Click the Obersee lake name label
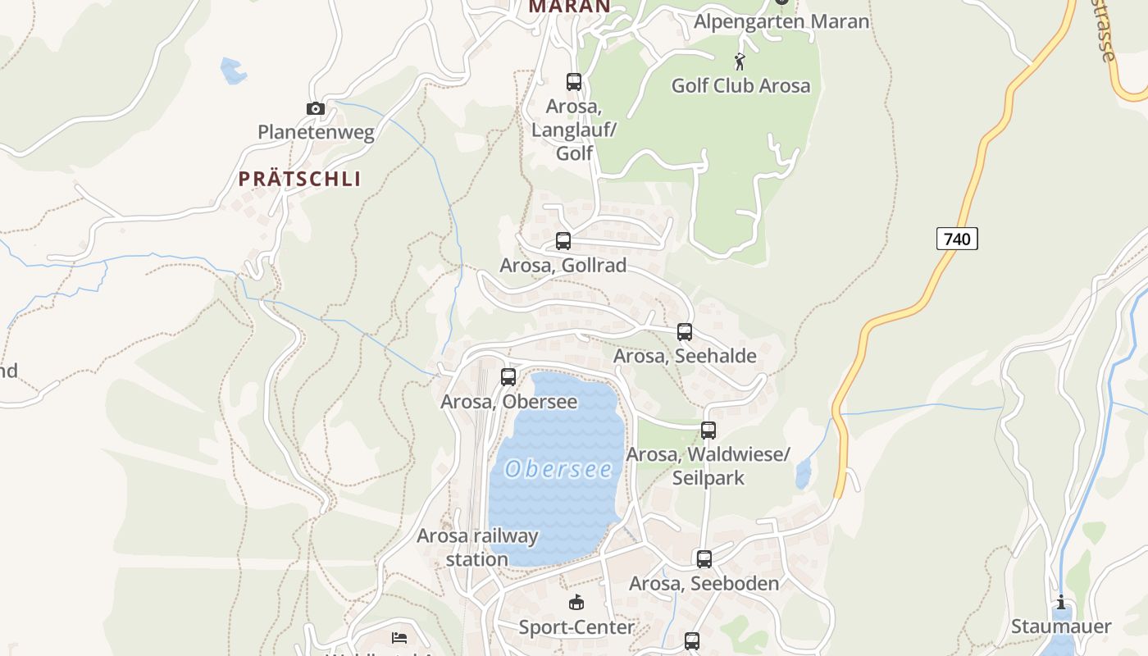click(x=558, y=469)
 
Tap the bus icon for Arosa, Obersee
click(x=508, y=377)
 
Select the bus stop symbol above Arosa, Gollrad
click(x=563, y=241)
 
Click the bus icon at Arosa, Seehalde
click(x=685, y=332)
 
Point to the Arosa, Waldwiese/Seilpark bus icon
click(x=708, y=430)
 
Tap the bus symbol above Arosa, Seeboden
click(x=704, y=559)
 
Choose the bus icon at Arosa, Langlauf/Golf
click(x=574, y=82)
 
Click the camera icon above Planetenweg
click(x=316, y=108)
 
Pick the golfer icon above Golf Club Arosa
click(x=740, y=61)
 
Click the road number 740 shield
click(x=957, y=239)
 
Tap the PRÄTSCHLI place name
click(x=300, y=179)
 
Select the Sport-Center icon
click(x=576, y=603)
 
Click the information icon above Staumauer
click(x=1061, y=603)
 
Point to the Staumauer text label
click(x=1061, y=626)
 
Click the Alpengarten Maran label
click(x=781, y=21)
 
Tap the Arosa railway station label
click(x=477, y=547)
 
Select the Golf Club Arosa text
click(x=740, y=85)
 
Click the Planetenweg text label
click(x=316, y=132)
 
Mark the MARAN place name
click(x=569, y=7)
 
